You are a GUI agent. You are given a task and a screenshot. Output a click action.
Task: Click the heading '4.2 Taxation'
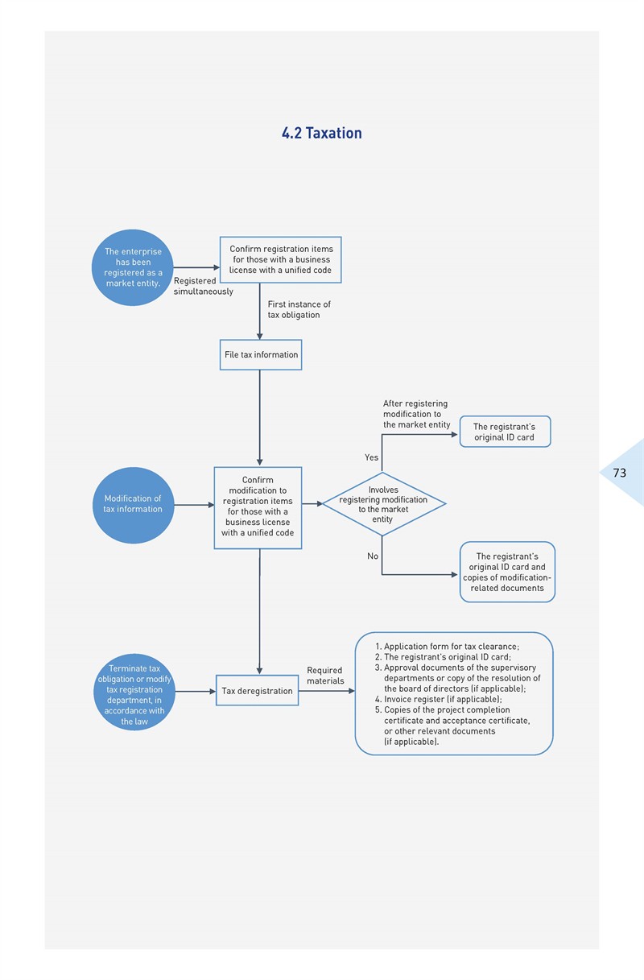(x=321, y=133)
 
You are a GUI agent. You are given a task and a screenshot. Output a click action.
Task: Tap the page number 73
(x=620, y=473)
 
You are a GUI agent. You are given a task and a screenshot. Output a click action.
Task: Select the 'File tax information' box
(x=261, y=354)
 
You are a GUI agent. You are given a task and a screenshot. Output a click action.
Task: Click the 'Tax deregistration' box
(x=258, y=690)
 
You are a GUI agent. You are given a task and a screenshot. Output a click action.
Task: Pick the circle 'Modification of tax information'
(x=133, y=505)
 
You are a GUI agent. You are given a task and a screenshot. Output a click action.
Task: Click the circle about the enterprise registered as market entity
(x=133, y=267)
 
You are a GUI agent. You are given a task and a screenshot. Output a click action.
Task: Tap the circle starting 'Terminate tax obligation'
(x=134, y=693)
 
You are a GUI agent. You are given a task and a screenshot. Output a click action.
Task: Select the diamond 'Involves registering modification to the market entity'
(x=384, y=504)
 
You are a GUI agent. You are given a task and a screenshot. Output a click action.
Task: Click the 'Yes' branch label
(x=371, y=457)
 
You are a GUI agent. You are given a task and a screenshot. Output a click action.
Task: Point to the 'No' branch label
(x=373, y=556)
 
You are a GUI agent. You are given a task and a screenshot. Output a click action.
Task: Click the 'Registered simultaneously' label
(x=204, y=286)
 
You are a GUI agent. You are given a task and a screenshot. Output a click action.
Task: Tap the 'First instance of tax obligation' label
(x=299, y=309)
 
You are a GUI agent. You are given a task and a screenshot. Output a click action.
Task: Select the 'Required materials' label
(x=325, y=676)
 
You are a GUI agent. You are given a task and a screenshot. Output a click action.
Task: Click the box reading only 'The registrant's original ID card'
(x=505, y=432)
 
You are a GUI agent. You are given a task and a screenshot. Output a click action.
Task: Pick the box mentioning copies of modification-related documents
(x=507, y=572)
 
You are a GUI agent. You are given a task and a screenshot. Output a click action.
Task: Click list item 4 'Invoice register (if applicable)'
(x=439, y=699)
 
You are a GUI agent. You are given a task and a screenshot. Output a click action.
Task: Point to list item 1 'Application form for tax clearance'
(x=447, y=646)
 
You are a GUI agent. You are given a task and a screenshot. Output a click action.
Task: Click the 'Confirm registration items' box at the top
(x=280, y=260)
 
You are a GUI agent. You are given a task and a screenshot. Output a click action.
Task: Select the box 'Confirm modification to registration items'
(x=258, y=508)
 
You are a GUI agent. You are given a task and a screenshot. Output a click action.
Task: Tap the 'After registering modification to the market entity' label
(x=416, y=414)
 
